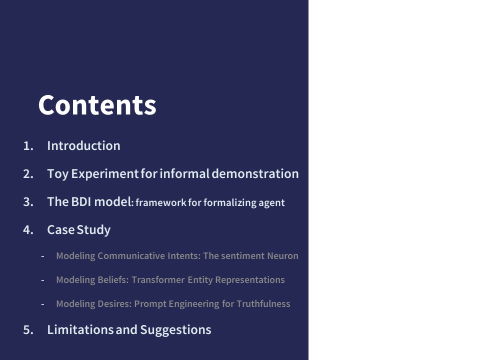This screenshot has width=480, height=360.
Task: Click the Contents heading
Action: point(97,104)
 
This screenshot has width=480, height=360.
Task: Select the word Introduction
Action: point(83,145)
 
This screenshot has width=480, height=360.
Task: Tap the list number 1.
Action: point(28,146)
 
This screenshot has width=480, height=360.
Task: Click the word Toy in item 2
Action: point(57,174)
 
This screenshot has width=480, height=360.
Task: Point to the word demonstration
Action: point(255,173)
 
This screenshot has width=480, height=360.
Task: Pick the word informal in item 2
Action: point(184,173)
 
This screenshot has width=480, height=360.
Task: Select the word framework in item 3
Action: point(160,202)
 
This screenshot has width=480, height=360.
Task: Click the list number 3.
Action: point(28,202)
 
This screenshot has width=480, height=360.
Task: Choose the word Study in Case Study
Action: point(93,230)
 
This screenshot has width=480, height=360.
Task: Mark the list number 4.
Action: point(28,230)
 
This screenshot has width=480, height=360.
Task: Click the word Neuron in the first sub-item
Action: point(282,255)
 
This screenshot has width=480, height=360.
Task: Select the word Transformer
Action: point(158,280)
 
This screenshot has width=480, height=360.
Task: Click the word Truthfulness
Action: point(263,303)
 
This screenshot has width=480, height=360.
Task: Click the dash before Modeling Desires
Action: point(42,304)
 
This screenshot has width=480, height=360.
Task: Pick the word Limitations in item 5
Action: point(80,329)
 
